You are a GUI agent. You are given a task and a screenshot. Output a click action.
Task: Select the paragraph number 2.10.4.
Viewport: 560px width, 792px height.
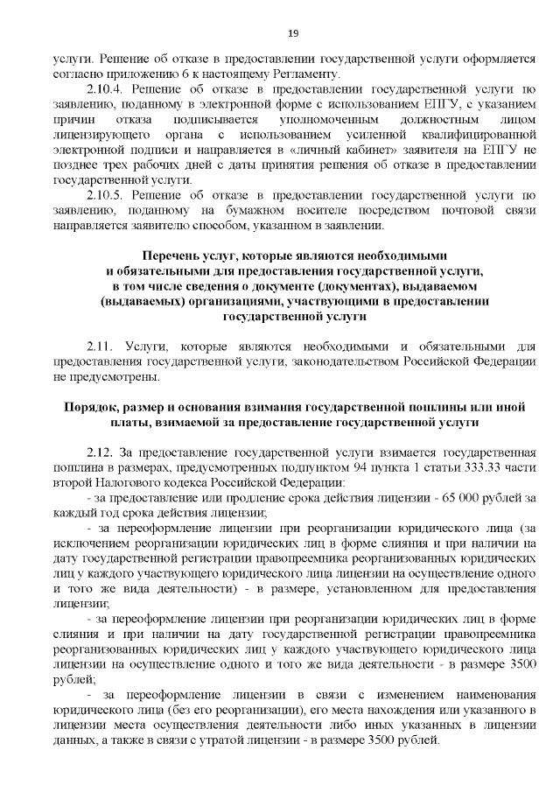[x=109, y=88]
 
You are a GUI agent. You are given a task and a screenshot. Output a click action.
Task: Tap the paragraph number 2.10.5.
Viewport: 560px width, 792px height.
[x=109, y=193]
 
